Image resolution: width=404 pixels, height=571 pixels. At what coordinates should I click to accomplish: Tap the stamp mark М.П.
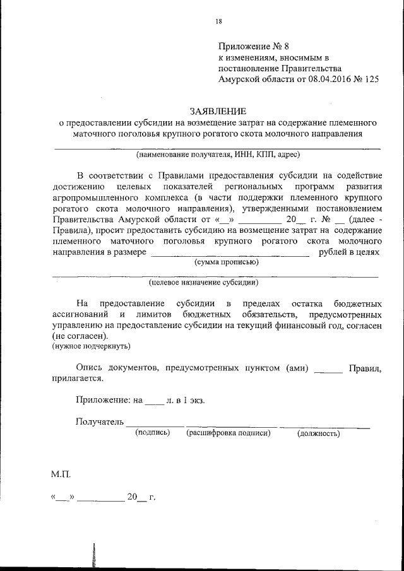coord(61,473)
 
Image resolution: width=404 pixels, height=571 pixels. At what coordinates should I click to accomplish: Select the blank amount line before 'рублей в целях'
coord(231,254)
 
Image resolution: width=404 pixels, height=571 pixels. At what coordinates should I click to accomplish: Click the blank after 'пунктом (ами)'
coord(328,371)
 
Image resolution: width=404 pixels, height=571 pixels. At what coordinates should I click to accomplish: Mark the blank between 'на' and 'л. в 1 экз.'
coord(154,402)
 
